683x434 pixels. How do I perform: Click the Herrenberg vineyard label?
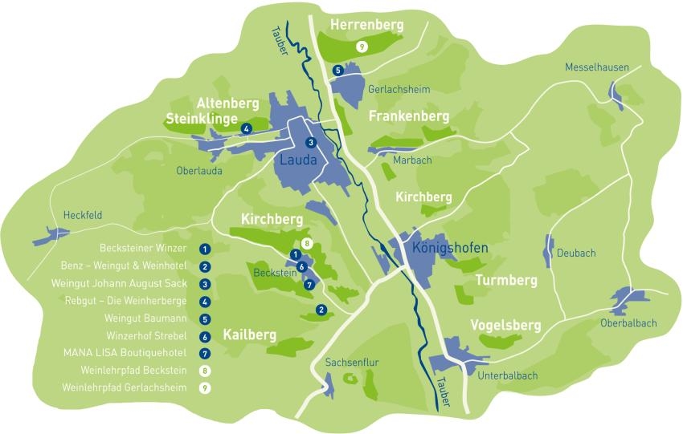coord(366,26)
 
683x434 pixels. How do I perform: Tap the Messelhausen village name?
coord(596,67)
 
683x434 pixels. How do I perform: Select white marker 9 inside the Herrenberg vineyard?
coord(362,47)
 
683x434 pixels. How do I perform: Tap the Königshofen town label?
coord(449,248)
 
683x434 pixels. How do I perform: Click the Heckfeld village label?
coord(83,215)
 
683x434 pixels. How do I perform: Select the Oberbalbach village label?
coord(628,323)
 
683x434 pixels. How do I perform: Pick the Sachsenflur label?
coord(351,363)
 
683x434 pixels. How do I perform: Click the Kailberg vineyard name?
coord(249,335)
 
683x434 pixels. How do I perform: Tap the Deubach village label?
coord(576,254)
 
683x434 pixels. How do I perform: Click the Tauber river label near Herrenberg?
coord(279,42)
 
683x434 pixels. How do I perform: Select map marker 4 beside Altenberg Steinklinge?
coord(247,128)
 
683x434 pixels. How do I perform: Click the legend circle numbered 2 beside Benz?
coord(206,266)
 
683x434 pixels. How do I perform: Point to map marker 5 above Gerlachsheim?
coord(338,71)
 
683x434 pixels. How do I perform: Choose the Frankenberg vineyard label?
coord(408,117)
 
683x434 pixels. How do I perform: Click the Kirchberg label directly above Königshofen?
coord(423,197)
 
